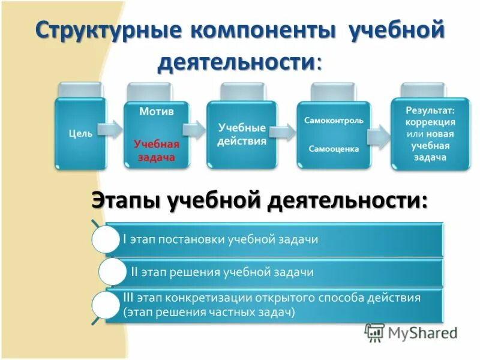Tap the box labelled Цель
80,133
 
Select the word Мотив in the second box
157,111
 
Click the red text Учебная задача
157,151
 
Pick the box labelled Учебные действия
242,134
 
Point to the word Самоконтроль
334,120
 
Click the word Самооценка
334,149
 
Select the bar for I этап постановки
276,239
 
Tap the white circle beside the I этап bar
106,239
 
